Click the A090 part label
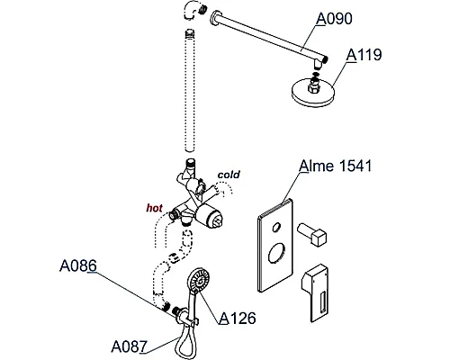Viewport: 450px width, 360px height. click(x=335, y=19)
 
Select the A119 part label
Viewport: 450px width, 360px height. click(x=364, y=55)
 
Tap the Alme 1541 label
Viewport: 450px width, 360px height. click(x=336, y=166)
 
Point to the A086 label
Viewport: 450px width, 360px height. click(x=78, y=265)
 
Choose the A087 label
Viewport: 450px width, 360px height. click(x=130, y=346)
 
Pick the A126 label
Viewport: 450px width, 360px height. click(x=238, y=318)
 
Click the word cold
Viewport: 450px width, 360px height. click(x=229, y=175)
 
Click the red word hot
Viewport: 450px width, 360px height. click(x=155, y=208)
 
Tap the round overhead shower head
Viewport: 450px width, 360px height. click(x=313, y=91)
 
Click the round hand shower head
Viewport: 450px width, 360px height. click(x=198, y=280)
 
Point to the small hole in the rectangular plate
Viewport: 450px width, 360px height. click(x=276, y=228)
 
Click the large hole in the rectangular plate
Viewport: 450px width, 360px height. click(x=276, y=254)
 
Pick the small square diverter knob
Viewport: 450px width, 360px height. click(x=312, y=234)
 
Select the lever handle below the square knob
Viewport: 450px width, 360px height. click(x=316, y=292)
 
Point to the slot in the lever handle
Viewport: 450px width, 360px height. click(x=324, y=302)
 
